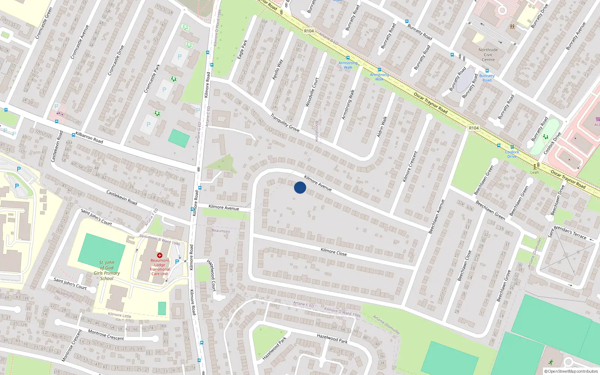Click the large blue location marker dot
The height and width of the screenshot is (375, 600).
(x=300, y=187)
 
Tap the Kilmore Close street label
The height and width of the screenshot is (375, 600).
(x=333, y=252)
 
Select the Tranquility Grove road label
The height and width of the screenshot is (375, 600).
(x=285, y=123)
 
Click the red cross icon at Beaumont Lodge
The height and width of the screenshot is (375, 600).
(x=160, y=255)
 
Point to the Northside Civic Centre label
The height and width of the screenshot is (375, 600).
(x=488, y=55)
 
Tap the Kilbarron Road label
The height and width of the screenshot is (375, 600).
(x=89, y=137)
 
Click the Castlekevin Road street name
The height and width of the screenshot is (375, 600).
(x=121, y=197)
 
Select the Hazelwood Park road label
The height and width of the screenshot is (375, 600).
(x=332, y=338)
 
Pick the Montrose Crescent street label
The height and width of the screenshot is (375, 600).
(x=106, y=335)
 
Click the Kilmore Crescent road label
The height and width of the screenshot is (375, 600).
(x=410, y=166)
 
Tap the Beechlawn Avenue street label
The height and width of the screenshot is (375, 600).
(x=436, y=216)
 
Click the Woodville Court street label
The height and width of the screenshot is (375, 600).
(x=312, y=92)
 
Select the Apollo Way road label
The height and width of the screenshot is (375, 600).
(x=277, y=69)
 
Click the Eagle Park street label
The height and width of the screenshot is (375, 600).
(x=243, y=49)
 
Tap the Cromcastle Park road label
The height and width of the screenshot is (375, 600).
(x=152, y=78)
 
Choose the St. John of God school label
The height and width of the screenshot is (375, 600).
(x=107, y=270)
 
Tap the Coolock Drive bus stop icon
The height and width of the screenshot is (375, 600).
(x=512, y=147)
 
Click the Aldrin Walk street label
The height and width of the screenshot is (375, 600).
(x=382, y=126)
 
